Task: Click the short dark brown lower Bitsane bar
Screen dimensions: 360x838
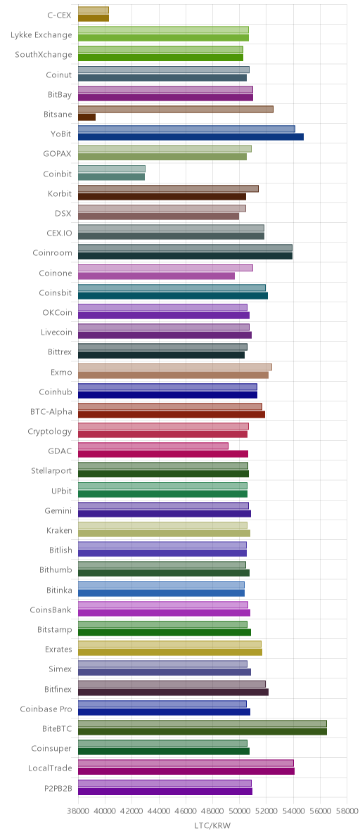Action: click(x=86, y=117)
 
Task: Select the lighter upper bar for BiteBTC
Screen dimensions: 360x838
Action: click(x=202, y=723)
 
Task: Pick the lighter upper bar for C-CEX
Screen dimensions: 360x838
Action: click(x=94, y=10)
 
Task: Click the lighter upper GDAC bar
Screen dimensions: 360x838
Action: click(x=153, y=446)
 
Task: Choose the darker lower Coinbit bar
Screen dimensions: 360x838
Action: click(x=111, y=176)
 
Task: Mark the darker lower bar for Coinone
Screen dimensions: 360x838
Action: click(x=157, y=276)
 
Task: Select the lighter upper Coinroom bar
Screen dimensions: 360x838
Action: click(x=186, y=248)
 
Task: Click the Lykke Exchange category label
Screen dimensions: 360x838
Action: click(x=41, y=35)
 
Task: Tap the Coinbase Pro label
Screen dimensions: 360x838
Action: click(x=46, y=709)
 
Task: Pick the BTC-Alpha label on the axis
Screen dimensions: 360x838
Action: click(x=51, y=412)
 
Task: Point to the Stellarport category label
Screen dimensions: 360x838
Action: click(x=51, y=471)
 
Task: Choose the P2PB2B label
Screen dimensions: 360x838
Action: click(x=58, y=788)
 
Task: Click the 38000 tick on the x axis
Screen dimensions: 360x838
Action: click(x=78, y=811)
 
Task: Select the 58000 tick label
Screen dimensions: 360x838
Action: click(x=347, y=811)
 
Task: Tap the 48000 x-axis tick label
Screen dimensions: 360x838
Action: click(x=212, y=811)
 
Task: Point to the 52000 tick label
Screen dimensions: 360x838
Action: click(x=266, y=811)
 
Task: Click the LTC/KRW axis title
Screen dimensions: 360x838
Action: click(x=212, y=826)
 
